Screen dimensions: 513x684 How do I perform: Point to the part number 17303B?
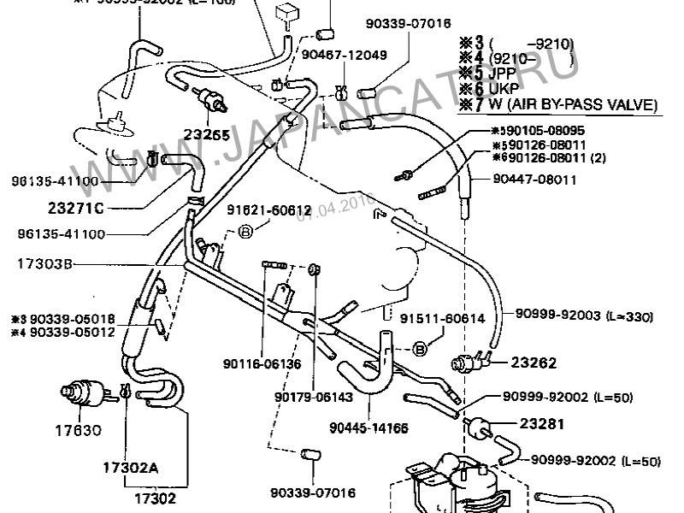[x=44, y=265]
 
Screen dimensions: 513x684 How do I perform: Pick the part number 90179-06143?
[x=312, y=397]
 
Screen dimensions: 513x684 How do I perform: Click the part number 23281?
[x=535, y=422]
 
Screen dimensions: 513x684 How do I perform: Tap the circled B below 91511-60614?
[x=421, y=348]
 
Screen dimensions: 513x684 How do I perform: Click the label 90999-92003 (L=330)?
[x=584, y=316]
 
